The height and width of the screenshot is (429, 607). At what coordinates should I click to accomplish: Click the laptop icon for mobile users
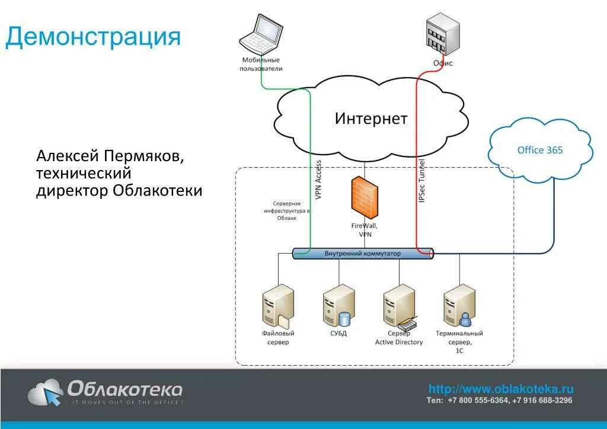(261, 34)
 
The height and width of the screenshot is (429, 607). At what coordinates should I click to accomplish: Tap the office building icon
(442, 34)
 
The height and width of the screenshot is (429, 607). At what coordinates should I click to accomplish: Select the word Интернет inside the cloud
(371, 119)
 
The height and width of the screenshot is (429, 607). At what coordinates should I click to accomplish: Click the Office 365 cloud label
(540, 151)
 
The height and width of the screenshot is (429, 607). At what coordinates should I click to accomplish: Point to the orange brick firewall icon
(364, 197)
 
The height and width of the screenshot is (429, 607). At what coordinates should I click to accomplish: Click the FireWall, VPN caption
(365, 230)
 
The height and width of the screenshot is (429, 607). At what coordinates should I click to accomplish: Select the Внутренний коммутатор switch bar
(363, 254)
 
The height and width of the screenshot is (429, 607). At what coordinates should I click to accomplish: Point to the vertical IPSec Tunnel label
(422, 181)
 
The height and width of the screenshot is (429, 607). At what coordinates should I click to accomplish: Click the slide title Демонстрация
(93, 37)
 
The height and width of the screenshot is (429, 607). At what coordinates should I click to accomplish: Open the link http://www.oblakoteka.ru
(501, 389)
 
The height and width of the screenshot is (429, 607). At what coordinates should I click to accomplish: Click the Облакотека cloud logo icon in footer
(46, 393)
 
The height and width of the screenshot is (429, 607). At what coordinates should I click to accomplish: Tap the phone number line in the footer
(499, 401)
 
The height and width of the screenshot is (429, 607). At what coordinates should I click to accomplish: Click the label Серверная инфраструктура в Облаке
(287, 211)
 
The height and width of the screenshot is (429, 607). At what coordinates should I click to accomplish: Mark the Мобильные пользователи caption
(261, 64)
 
